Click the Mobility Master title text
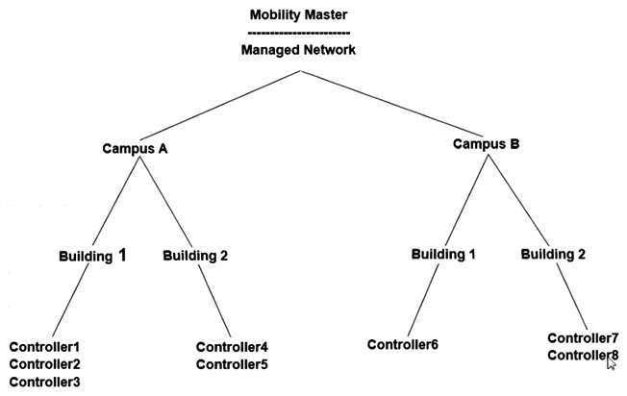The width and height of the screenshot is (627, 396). (x=299, y=15)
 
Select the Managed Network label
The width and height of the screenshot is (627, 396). (x=298, y=49)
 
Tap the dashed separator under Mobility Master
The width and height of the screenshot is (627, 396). (x=299, y=32)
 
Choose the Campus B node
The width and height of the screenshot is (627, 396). (x=486, y=145)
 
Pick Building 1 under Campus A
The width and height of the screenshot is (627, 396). (x=92, y=256)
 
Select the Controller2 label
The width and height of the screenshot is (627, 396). (x=44, y=364)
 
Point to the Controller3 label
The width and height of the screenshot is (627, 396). (x=44, y=382)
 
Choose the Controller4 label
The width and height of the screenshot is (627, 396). (x=232, y=347)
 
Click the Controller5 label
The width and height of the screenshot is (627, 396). (x=232, y=364)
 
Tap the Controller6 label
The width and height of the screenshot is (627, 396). (x=403, y=344)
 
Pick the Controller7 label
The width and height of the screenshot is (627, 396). (x=583, y=338)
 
